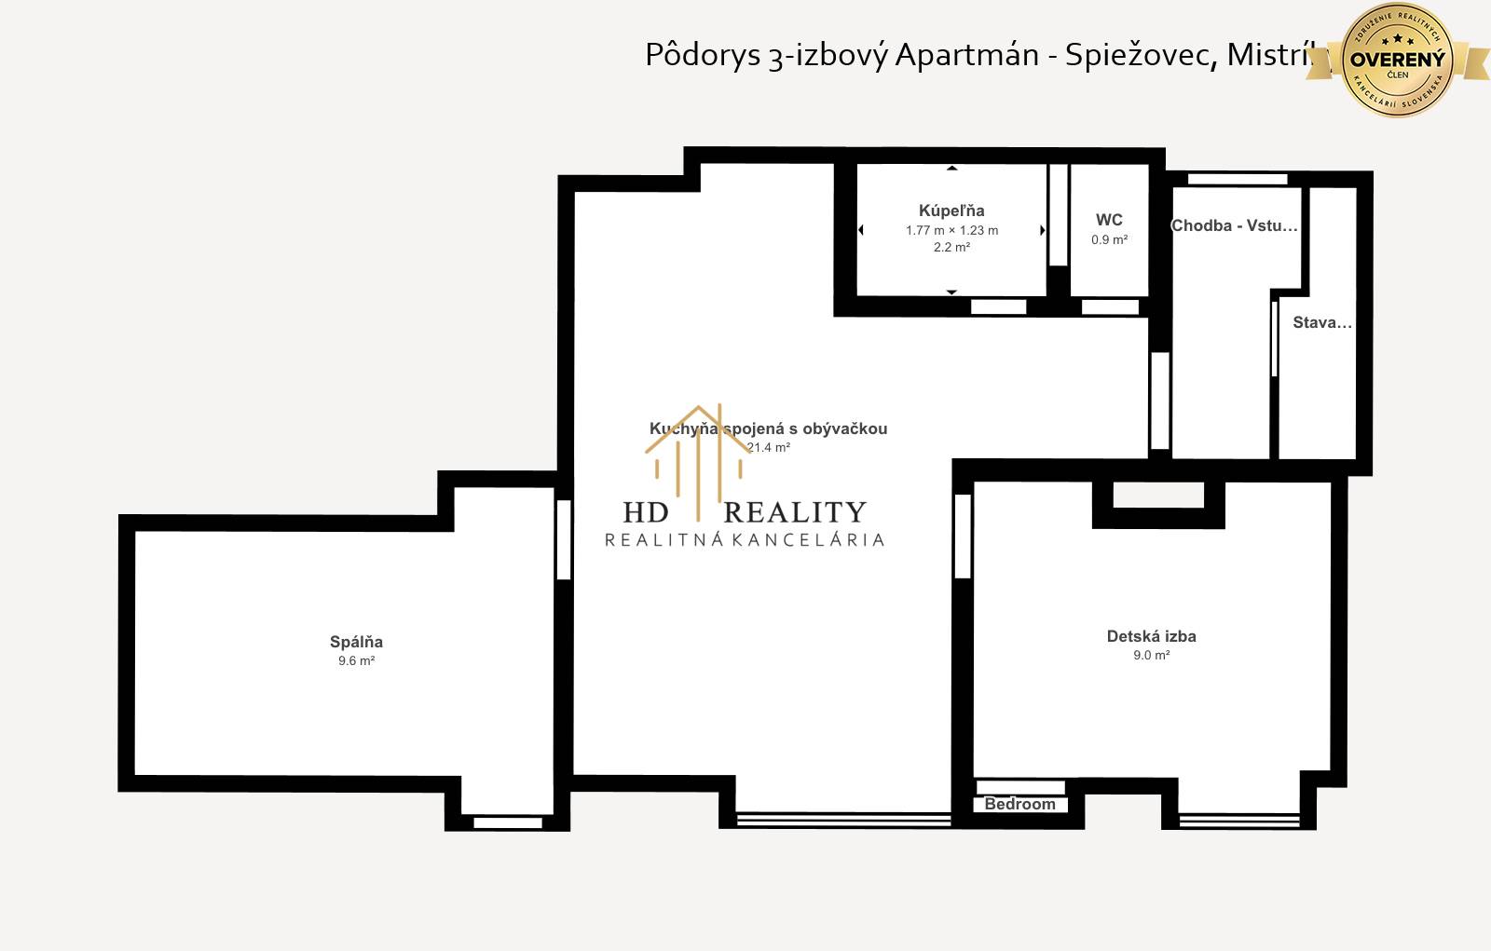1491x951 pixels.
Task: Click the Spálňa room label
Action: (x=356, y=642)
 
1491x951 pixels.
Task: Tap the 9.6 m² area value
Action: (x=356, y=661)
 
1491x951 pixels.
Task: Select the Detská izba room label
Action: (x=1151, y=636)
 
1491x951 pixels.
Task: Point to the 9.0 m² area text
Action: (x=1151, y=656)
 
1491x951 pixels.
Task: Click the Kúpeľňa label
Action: (x=951, y=211)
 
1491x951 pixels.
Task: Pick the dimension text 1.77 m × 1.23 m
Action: (x=951, y=230)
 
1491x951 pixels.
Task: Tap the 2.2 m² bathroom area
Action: (x=951, y=248)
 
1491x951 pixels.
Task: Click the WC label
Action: (x=1109, y=220)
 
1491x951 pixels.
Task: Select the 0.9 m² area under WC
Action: (x=1109, y=240)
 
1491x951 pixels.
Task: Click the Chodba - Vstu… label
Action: (x=1234, y=225)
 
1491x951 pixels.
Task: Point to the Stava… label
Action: (x=1321, y=322)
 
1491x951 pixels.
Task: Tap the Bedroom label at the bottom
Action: (x=1019, y=804)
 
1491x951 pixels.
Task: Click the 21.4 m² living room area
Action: (x=769, y=448)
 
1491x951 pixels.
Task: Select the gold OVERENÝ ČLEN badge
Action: (x=1397, y=60)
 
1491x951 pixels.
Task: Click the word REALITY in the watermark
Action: (x=795, y=512)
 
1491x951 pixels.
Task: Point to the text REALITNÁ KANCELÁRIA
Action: (x=745, y=540)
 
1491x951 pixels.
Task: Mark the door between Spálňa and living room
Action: (x=563, y=540)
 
